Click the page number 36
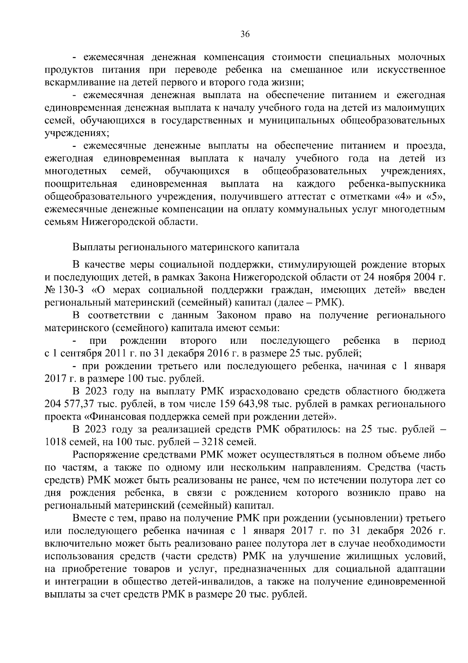(245, 34)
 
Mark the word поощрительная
(81, 184)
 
